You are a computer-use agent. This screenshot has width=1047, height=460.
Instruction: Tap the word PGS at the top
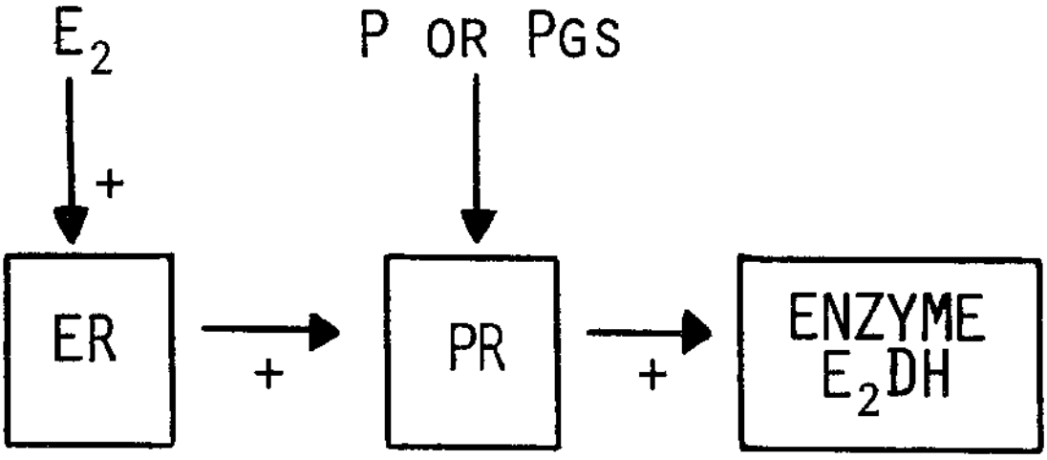(x=573, y=42)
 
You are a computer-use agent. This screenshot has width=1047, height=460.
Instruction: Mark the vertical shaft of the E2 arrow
(x=71, y=143)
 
